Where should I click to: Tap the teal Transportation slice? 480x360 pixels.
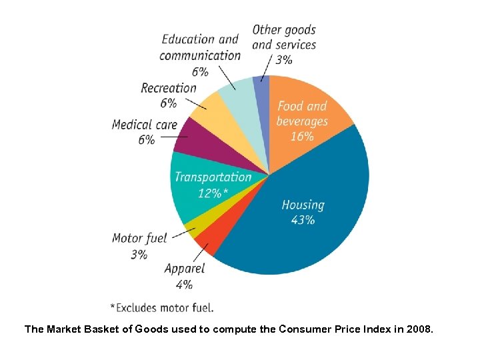200,193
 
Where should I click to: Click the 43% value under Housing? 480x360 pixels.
303,220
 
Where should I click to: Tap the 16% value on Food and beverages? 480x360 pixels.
301,137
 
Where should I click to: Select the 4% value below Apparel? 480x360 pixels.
185,284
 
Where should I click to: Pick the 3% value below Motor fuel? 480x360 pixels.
139,254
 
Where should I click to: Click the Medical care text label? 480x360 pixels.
145,125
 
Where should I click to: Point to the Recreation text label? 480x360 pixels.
169,88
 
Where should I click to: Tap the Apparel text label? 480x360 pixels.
185,269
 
